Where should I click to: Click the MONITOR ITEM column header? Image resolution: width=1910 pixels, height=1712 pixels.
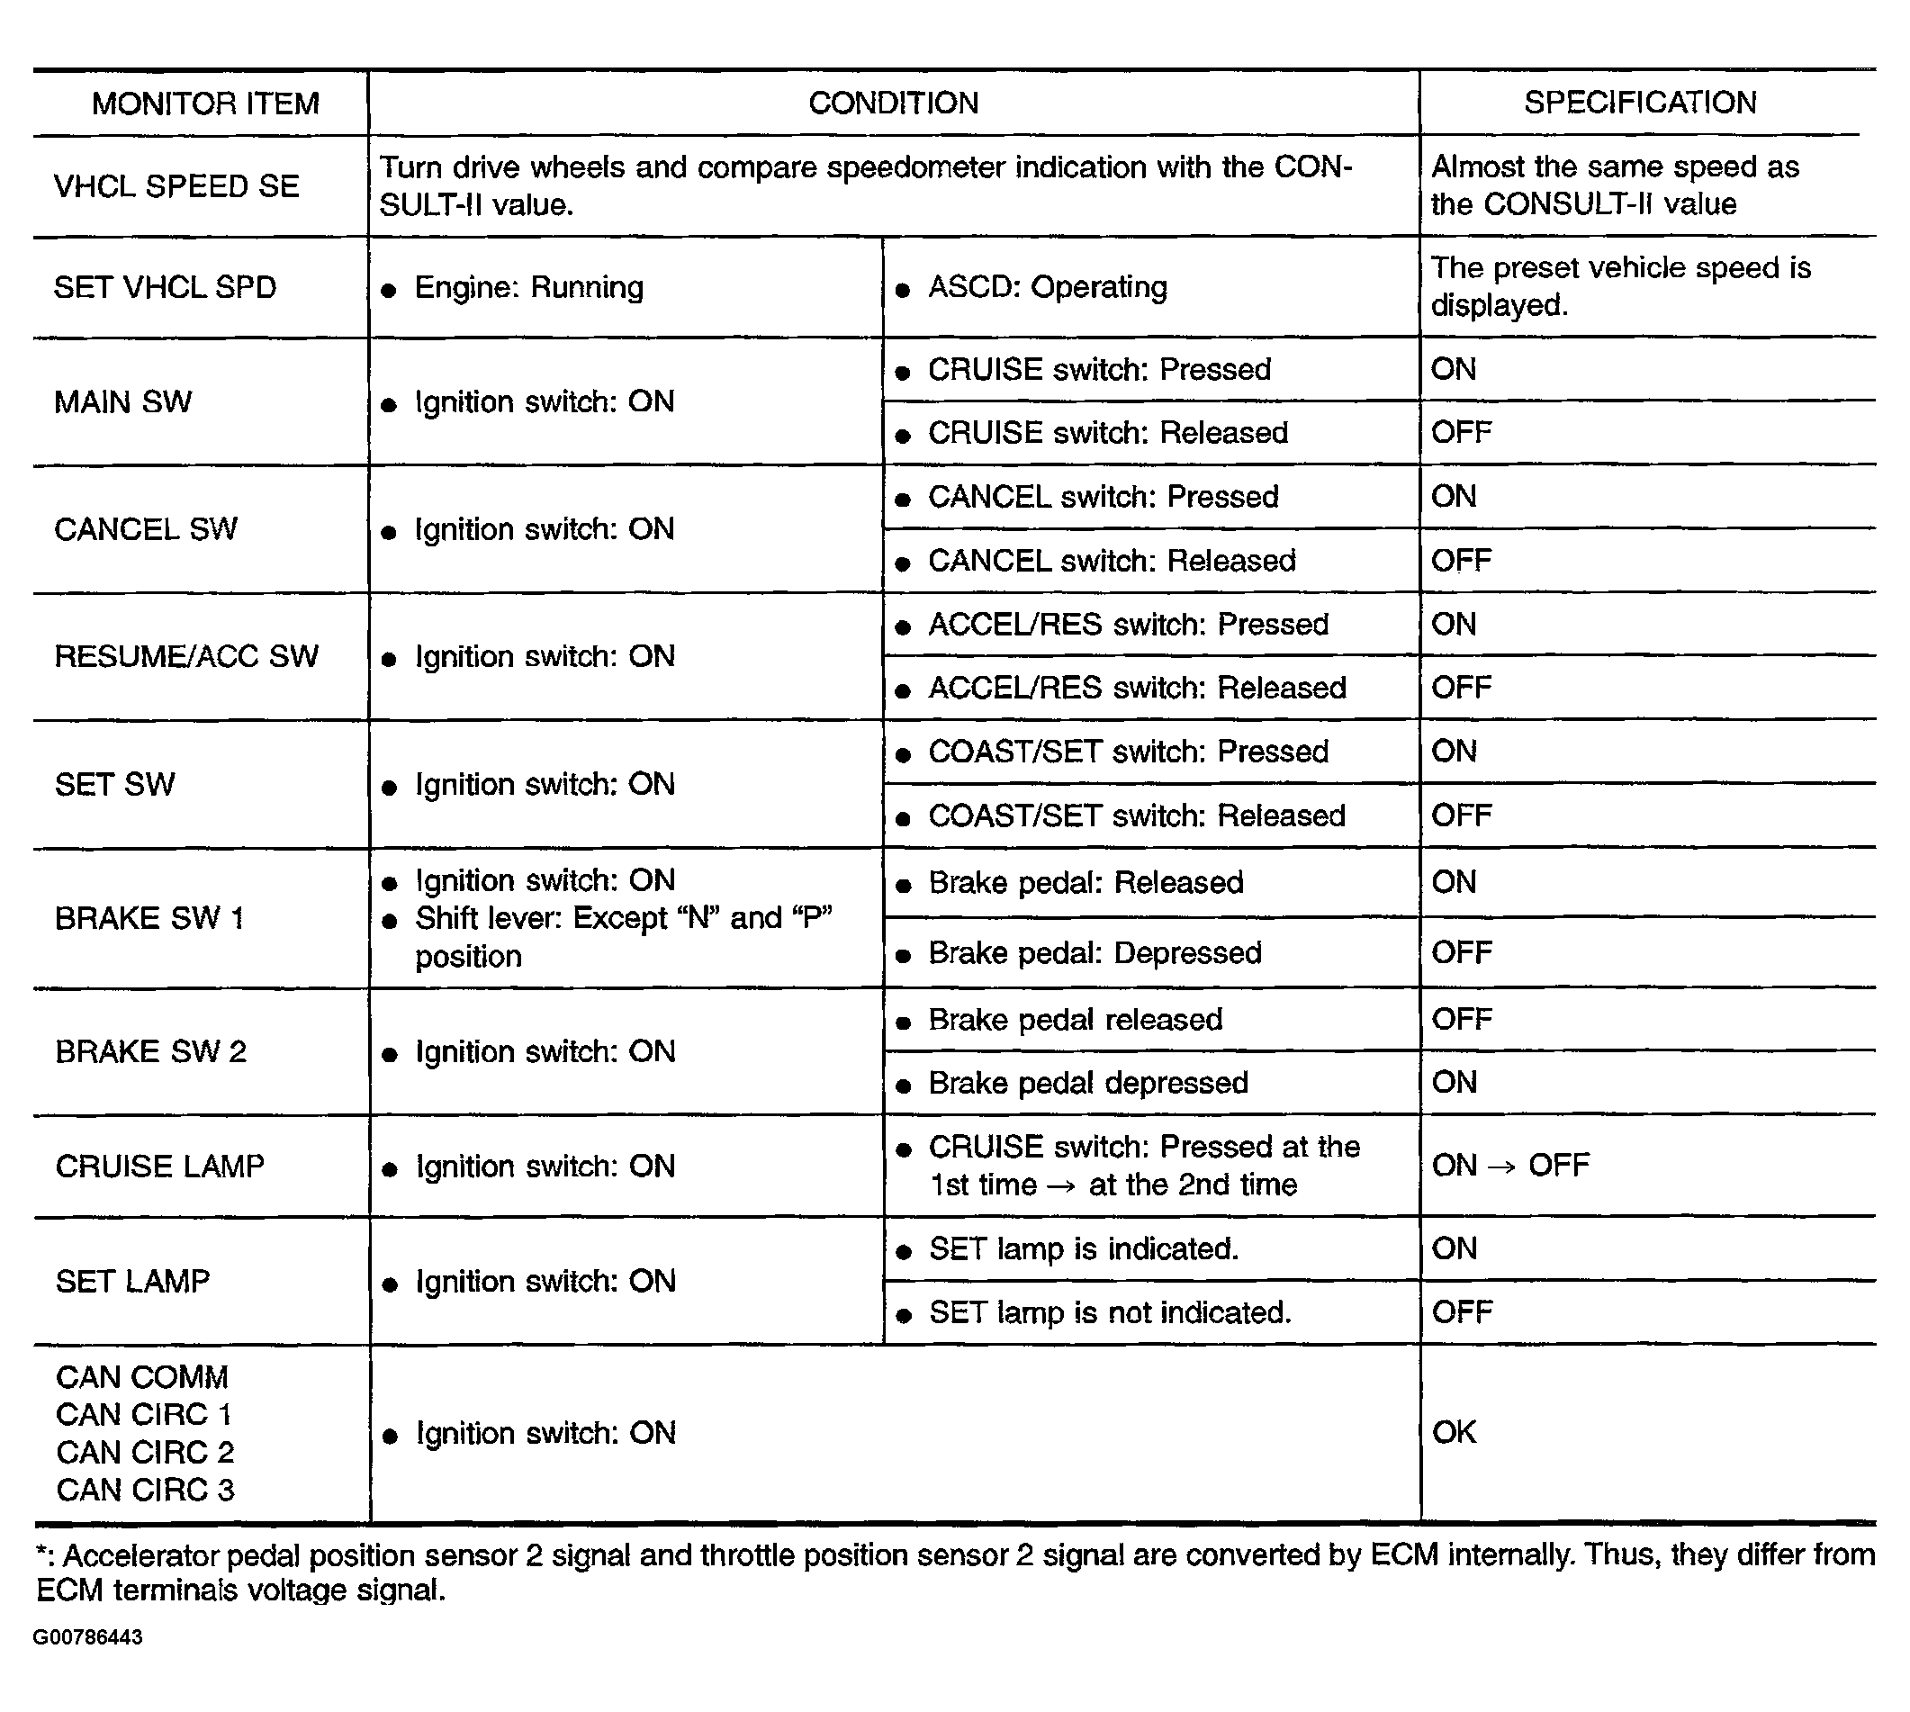(205, 103)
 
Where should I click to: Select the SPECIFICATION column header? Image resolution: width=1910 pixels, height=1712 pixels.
(1639, 102)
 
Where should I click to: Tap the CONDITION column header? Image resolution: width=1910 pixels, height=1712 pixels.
(893, 103)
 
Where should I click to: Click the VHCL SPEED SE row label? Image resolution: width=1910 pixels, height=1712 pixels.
(176, 186)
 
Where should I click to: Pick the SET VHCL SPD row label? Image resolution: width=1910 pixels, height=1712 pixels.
(165, 287)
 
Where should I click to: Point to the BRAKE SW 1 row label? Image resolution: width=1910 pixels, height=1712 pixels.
(149, 917)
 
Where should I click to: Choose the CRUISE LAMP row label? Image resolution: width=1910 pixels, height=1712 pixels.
(160, 1166)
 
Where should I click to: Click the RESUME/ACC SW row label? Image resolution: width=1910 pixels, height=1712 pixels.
(186, 655)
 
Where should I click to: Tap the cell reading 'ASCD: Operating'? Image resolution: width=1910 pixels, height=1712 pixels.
(1047, 287)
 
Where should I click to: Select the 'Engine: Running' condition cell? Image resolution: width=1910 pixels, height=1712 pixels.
(528, 287)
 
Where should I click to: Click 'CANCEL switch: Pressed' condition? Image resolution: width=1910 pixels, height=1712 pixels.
(1103, 497)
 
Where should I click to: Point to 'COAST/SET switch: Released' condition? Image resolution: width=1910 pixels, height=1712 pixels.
(1136, 815)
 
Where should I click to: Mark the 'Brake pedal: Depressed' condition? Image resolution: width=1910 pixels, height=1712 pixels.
(1094, 953)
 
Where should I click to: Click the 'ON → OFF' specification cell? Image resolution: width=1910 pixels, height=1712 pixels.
(1509, 1166)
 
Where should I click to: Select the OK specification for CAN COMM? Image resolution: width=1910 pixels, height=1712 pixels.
(1454, 1432)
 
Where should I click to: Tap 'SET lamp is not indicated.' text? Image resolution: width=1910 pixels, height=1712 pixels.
(1110, 1312)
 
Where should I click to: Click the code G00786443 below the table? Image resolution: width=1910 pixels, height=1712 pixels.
(87, 1636)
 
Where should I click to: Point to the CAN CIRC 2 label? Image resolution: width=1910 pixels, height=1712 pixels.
(145, 1452)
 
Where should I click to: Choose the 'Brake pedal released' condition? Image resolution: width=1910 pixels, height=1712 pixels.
(1075, 1020)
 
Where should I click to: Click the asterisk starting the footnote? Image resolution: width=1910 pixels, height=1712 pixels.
(41, 1554)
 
